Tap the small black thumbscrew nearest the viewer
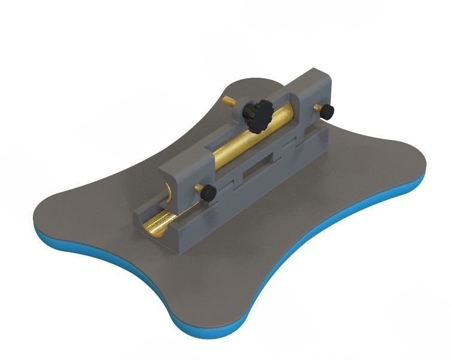(207, 193)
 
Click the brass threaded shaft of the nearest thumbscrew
(199, 188)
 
